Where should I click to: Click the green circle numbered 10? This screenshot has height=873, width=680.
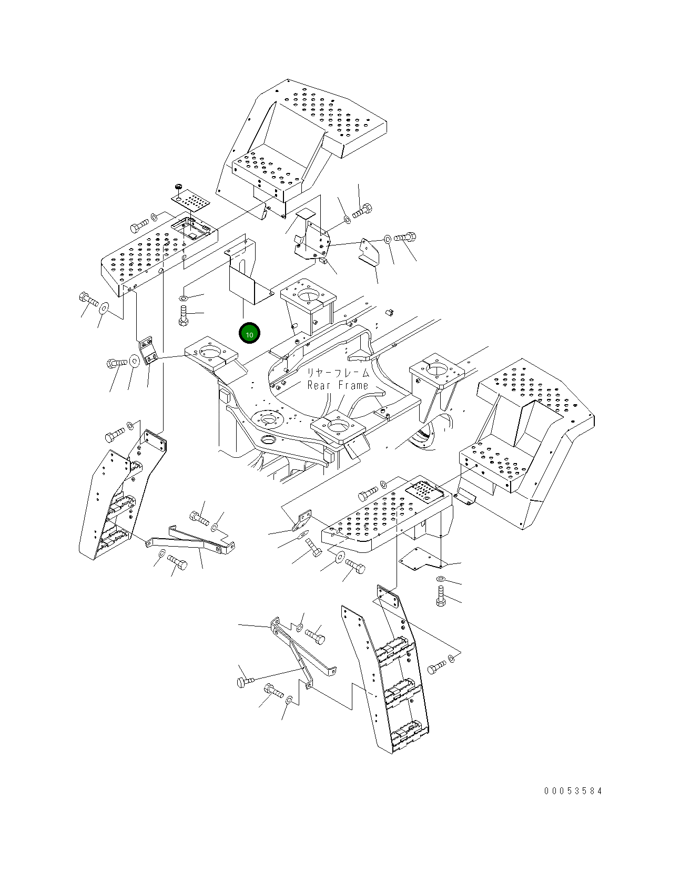pyautogui.click(x=249, y=333)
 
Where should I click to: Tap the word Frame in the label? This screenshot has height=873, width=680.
pyautogui.click(x=352, y=386)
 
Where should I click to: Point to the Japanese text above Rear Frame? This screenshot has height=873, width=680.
pyautogui.click(x=338, y=373)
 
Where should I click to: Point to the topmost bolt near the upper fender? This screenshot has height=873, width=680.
pyautogui.click(x=362, y=211)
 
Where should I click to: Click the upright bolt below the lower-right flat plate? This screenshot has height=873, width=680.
pyautogui.click(x=441, y=596)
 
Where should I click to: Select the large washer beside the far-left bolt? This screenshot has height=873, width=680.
pyautogui.click(x=103, y=309)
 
